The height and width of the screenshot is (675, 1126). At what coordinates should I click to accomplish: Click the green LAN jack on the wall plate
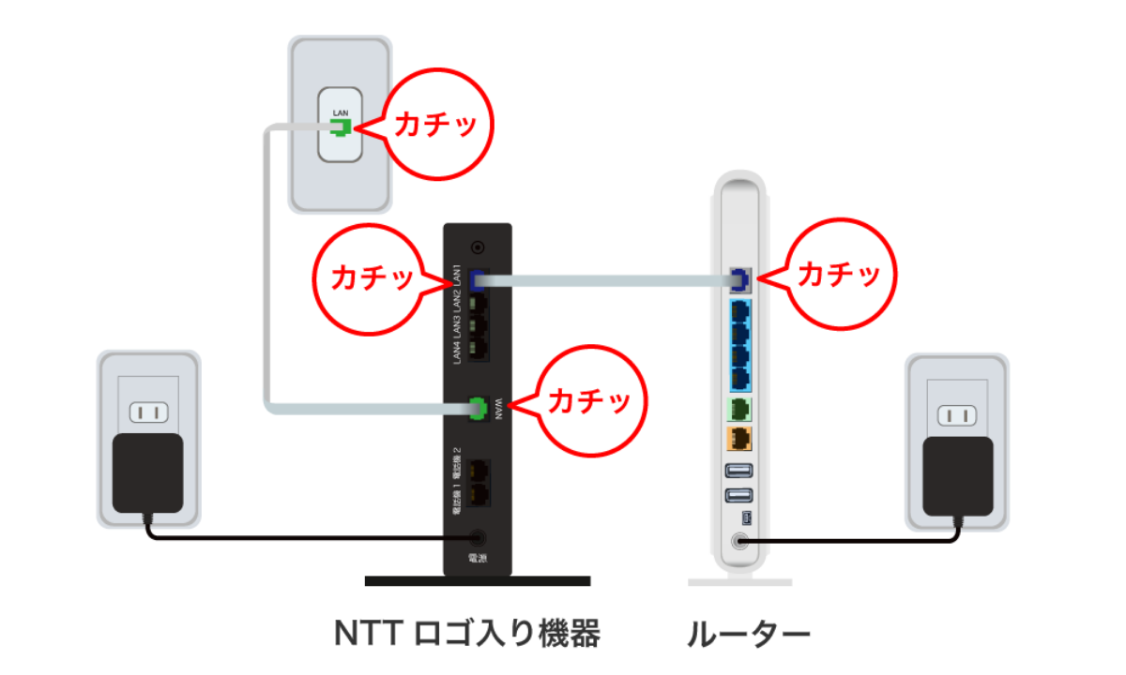tap(340, 127)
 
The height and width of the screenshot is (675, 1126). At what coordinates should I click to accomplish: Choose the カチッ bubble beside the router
tap(837, 274)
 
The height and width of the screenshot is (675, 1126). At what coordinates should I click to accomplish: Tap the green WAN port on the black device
tap(478, 407)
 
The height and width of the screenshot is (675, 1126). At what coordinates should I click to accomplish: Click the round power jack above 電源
tap(478, 538)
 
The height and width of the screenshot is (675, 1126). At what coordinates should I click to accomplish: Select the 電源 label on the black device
tap(478, 559)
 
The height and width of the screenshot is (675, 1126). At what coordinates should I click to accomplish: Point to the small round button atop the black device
tap(479, 247)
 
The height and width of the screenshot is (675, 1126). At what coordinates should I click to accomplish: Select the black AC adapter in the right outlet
tap(957, 476)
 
